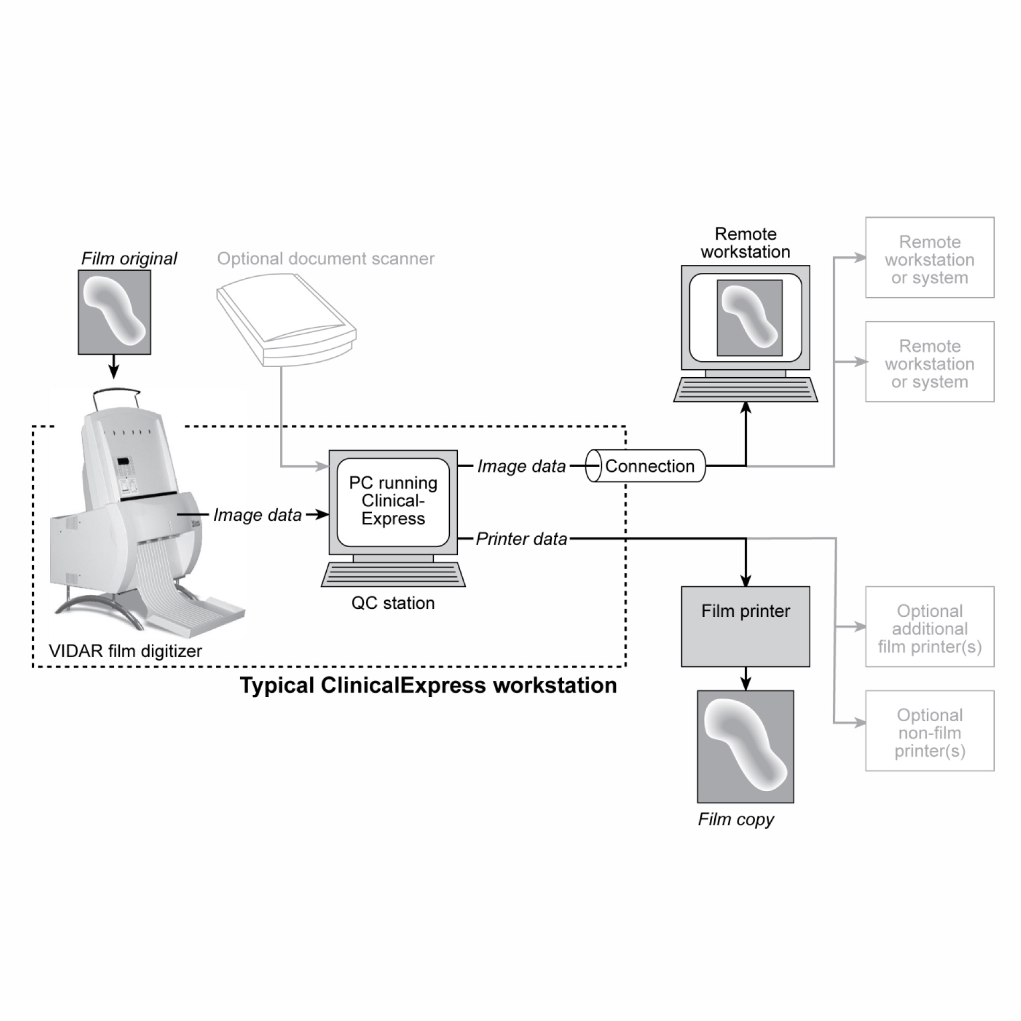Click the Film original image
coord(114,312)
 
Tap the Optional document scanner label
coord(326,258)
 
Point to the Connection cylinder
coord(645,466)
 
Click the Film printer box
coord(745,627)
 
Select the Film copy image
coord(745,747)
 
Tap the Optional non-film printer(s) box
coord(930,731)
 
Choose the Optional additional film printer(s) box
coord(930,627)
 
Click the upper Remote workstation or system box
coord(930,258)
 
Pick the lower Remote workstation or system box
coord(930,362)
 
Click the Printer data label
coord(521,538)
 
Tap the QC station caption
coord(393,603)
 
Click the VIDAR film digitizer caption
coord(125,651)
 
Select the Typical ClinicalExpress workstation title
coord(428,685)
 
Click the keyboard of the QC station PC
coord(393,574)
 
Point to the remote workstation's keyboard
coord(745,390)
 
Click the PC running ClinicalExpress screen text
coord(393,501)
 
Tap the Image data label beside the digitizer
coord(257,515)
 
